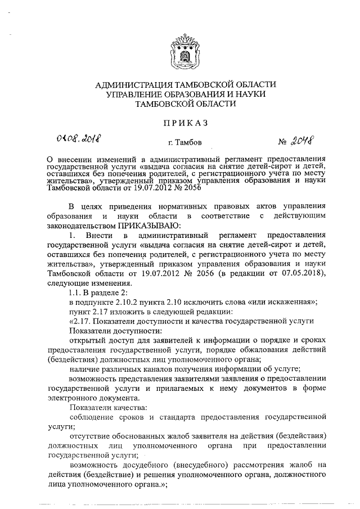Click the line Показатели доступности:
(98, 331)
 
